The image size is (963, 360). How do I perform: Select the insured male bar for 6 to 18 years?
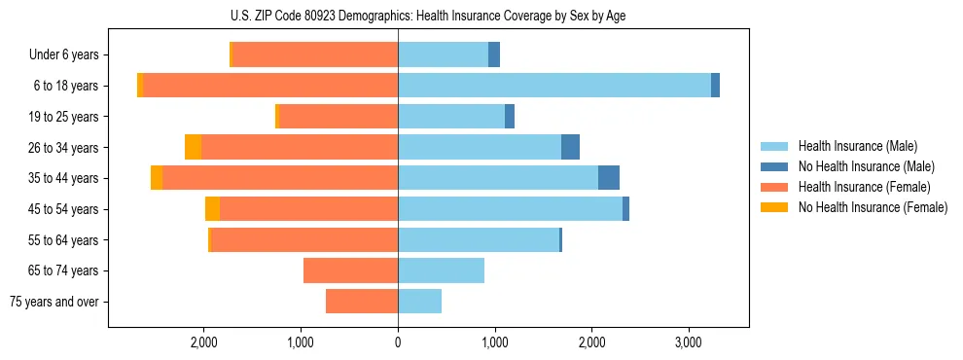click(x=554, y=86)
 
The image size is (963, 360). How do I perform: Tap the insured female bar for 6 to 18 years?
click(x=270, y=86)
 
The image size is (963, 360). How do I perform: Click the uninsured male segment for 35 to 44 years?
click(x=609, y=178)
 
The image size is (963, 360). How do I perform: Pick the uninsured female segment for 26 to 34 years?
click(x=193, y=147)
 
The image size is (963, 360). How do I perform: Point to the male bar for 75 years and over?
click(x=419, y=302)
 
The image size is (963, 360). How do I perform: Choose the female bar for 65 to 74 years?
click(x=350, y=270)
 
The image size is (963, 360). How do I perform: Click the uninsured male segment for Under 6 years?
click(x=494, y=54)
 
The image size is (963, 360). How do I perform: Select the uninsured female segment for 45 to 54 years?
click(x=212, y=209)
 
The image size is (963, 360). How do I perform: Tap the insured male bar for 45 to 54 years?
click(x=510, y=209)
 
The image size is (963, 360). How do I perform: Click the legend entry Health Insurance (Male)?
click(x=857, y=146)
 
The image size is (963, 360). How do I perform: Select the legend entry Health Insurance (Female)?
click(x=864, y=187)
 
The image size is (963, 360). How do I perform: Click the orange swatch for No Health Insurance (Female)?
click(x=775, y=207)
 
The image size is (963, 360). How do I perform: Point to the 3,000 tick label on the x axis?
click(x=688, y=342)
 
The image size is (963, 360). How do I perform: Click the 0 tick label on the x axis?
click(x=398, y=342)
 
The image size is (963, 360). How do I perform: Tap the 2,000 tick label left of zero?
click(x=203, y=342)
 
